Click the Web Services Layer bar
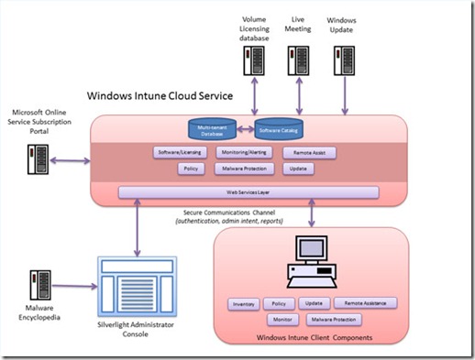click(x=249, y=192)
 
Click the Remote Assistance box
click(x=364, y=303)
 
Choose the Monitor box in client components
click(x=282, y=320)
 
